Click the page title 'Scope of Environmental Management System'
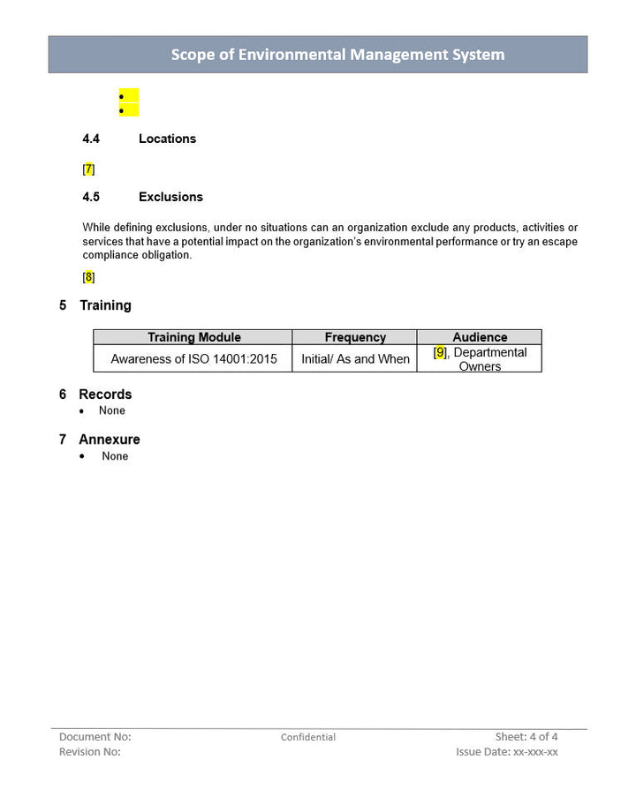[337, 55]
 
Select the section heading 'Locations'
[167, 139]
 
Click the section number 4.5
[91, 197]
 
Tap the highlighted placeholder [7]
[88, 169]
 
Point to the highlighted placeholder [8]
[88, 277]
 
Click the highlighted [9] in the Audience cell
[440, 352]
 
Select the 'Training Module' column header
[193, 337]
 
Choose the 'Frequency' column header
[355, 337]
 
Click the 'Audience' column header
[480, 337]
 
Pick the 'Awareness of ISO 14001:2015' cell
[193, 359]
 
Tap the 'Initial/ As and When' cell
[355, 359]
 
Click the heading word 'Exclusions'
[170, 197]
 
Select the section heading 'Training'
[105, 305]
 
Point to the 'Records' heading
[105, 395]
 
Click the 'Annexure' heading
[110, 440]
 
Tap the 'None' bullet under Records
[112, 410]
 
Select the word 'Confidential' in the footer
[308, 737]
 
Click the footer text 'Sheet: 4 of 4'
[526, 736]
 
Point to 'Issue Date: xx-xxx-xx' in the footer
[507, 752]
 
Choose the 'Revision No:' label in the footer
[89, 752]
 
